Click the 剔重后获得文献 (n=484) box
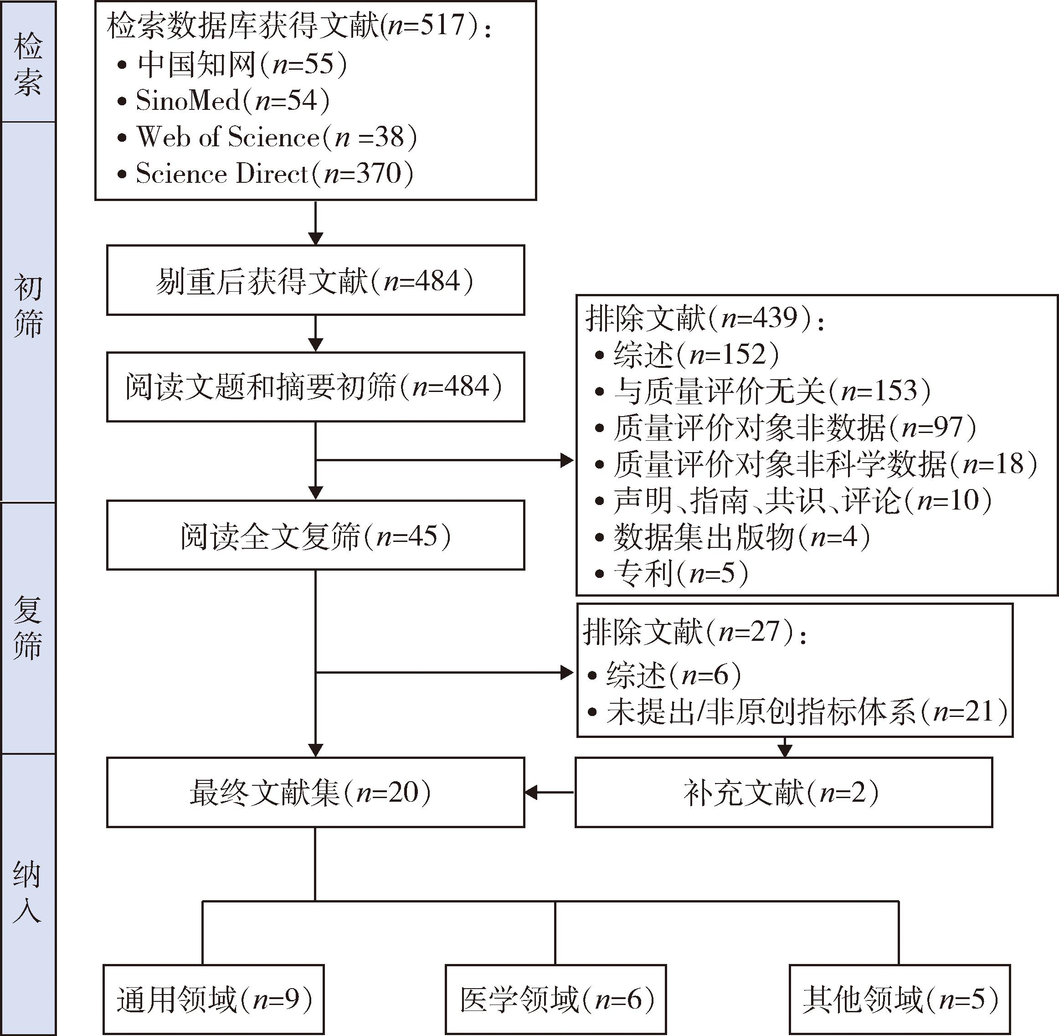315,281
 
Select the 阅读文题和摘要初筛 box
315,387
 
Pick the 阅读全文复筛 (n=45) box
315,536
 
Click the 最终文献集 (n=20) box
315,792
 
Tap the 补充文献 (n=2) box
783,792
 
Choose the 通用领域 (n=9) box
214,999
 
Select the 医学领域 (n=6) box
555,999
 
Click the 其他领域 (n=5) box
899,999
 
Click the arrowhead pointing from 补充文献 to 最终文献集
531,792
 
